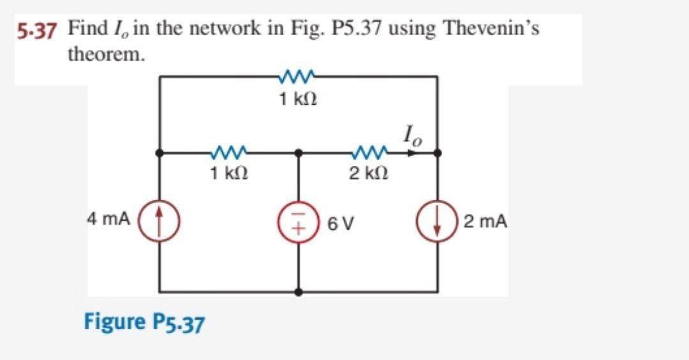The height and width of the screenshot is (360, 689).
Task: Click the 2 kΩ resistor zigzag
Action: pos(369,153)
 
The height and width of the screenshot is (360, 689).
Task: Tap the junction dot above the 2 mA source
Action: pos(437,153)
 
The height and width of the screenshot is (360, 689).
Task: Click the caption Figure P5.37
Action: pos(144,322)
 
